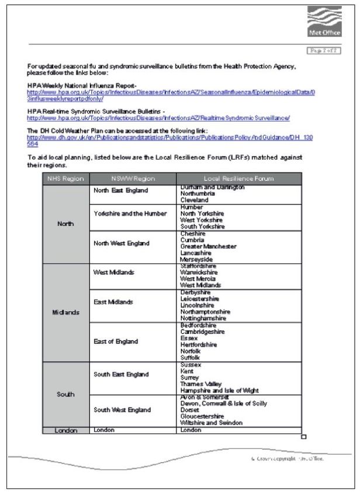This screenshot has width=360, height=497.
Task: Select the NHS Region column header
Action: [x=66, y=178]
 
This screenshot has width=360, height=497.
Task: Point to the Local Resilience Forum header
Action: [x=239, y=178]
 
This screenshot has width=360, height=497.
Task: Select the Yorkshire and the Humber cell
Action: [x=130, y=213]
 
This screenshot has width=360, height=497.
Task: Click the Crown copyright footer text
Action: [x=283, y=458]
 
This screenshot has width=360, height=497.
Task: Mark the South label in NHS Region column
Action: [x=66, y=394]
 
